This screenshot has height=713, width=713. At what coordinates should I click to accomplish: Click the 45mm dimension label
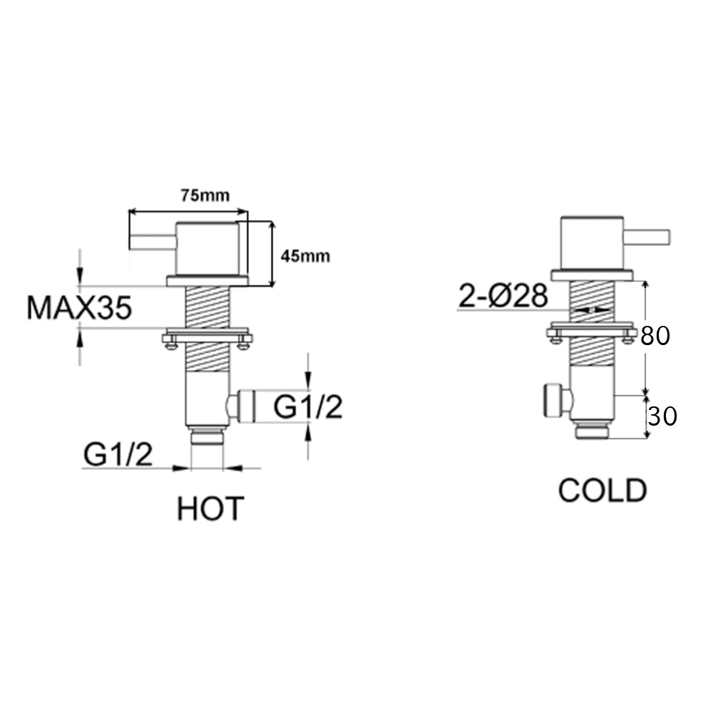(x=305, y=256)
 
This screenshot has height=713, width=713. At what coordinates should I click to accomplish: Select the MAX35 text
(x=79, y=308)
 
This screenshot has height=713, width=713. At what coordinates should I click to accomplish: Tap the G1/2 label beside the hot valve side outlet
(x=308, y=408)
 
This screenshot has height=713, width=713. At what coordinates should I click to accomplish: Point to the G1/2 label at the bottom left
(x=118, y=454)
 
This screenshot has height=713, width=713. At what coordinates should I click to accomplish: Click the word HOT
(x=210, y=508)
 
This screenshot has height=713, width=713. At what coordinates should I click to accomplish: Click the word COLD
(x=602, y=491)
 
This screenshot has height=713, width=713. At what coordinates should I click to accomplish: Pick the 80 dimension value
(x=655, y=336)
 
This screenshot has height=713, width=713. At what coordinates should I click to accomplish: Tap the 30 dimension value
(x=662, y=416)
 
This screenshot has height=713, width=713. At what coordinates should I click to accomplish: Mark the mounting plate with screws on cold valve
(x=592, y=332)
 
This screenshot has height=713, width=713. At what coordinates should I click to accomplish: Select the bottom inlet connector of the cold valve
(x=592, y=429)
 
